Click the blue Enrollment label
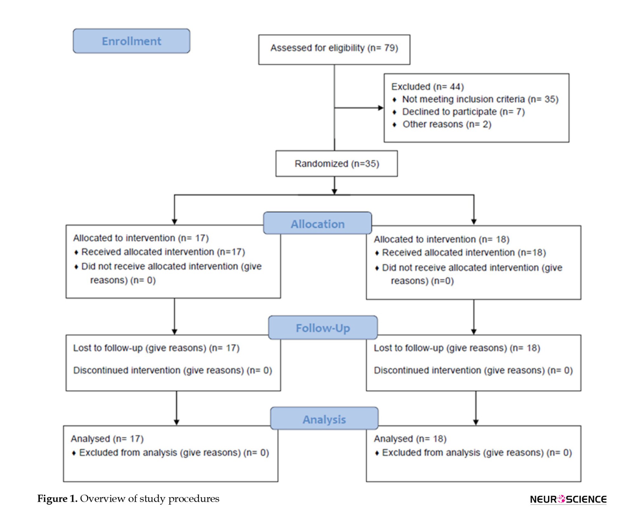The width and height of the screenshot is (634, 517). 132,41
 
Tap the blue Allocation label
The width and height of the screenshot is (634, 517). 318,223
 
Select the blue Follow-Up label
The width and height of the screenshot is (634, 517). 323,327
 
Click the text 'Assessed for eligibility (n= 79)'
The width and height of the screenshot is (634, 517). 334,48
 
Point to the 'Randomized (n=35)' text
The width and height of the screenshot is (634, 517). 337,164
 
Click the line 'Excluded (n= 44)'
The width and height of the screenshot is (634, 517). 427,87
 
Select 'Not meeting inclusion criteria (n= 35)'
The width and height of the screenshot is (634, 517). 480,99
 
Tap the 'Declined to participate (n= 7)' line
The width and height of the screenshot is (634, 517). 463,112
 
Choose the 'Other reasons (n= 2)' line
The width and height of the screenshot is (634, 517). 447,124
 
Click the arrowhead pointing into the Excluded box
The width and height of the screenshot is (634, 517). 381,108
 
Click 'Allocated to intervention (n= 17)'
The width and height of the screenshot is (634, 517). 141,238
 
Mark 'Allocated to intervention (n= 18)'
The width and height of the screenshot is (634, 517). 442,239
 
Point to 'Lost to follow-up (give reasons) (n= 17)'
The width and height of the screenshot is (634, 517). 156,348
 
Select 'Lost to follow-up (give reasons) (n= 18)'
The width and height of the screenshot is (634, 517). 457,348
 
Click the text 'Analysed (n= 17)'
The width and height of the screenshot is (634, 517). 107,438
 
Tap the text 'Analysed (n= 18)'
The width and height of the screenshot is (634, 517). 410,438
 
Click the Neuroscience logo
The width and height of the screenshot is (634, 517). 568,499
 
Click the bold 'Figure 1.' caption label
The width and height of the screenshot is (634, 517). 57,499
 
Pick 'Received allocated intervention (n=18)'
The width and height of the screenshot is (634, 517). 464,253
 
